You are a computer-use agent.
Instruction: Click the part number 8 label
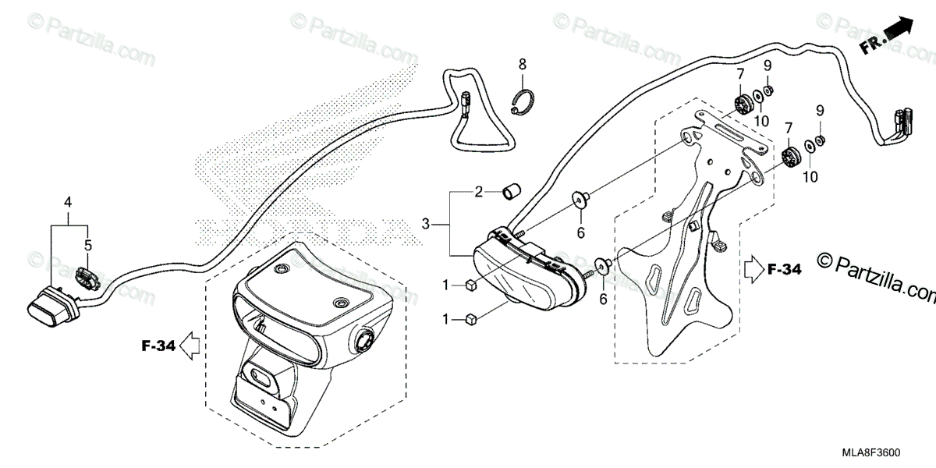click(523, 63)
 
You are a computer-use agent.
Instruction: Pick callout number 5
click(88, 245)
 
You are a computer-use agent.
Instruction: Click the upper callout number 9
click(768, 65)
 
